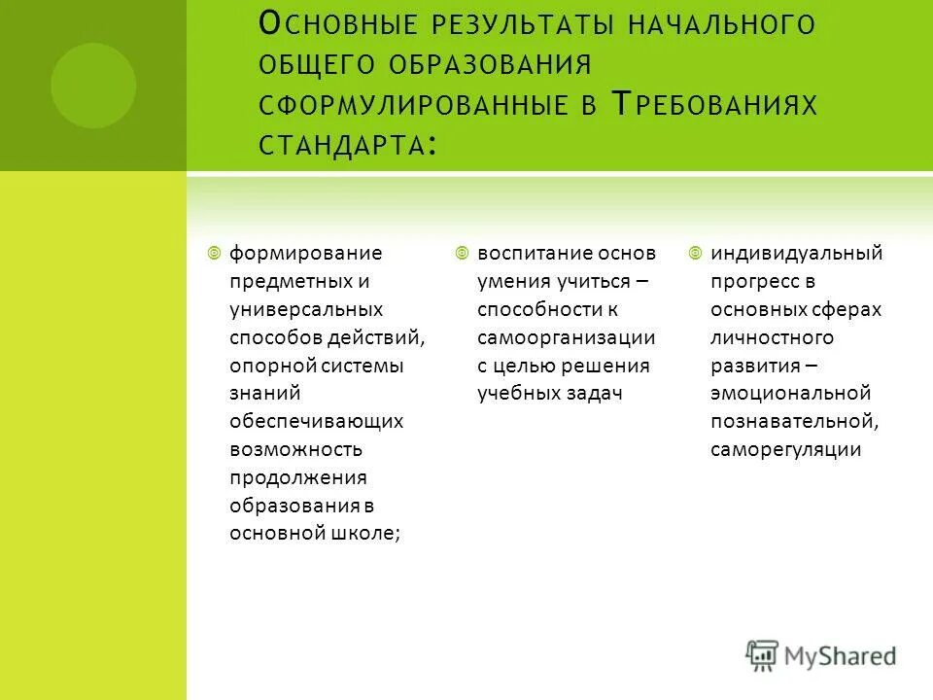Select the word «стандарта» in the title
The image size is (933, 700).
tap(343, 145)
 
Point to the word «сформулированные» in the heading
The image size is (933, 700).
tap(412, 104)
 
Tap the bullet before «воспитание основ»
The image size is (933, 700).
tap(462, 253)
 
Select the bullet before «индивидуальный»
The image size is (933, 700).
tap(695, 253)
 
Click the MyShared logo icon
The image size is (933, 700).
tap(763, 656)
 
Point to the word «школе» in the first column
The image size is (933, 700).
tap(365, 533)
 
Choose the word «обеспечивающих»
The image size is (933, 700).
tap(317, 421)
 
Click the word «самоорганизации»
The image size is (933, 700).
tap(567, 337)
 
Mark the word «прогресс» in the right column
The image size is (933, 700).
tap(750, 281)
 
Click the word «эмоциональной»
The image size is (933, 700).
tap(790, 394)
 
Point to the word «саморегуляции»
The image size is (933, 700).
tap(786, 449)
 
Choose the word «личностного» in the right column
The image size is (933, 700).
tap(772, 337)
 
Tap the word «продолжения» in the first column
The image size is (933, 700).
tap(297, 477)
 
